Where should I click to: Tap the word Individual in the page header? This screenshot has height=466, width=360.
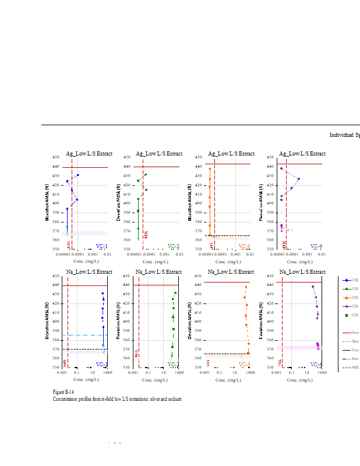point(340,135)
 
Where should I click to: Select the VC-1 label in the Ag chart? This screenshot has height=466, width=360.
point(101,246)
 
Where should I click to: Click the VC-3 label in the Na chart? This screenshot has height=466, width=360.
point(244,365)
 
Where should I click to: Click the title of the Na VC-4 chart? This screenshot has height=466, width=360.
point(302,272)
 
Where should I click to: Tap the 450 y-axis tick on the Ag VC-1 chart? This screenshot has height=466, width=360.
point(55,157)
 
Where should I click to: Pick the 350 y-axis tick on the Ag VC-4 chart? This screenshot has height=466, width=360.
point(270,249)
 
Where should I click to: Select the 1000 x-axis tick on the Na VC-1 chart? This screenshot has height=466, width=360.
point(107,372)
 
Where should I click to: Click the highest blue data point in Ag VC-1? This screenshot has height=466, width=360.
point(77,175)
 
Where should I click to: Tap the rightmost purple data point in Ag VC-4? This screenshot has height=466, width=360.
point(299,179)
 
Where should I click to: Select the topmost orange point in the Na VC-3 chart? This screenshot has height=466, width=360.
point(246,287)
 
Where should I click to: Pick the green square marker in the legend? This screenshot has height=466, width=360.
point(347,315)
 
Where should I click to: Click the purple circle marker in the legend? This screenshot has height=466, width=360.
point(347,306)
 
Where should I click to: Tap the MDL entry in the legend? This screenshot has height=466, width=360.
point(355,368)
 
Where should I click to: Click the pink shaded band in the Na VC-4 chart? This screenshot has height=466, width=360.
point(297,348)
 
